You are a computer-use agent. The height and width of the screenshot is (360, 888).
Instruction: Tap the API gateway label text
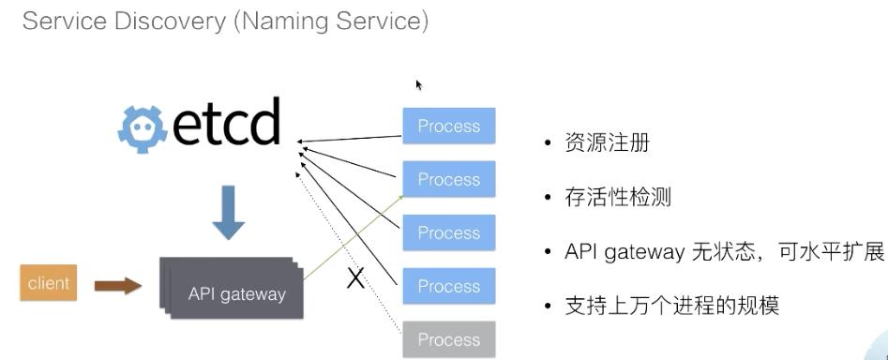click(x=236, y=293)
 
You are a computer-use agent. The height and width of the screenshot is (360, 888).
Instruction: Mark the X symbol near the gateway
click(x=355, y=277)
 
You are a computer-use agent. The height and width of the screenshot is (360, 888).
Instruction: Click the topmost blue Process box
click(x=448, y=127)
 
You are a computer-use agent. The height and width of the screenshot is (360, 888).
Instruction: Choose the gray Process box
click(x=448, y=339)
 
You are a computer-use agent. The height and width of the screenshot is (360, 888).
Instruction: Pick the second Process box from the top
click(x=448, y=180)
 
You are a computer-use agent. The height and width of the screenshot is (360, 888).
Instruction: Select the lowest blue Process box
click(x=448, y=286)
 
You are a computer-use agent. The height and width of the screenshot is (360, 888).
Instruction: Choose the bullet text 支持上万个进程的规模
click(x=670, y=306)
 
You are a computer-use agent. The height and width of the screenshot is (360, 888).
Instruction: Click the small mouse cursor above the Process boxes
click(x=419, y=85)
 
